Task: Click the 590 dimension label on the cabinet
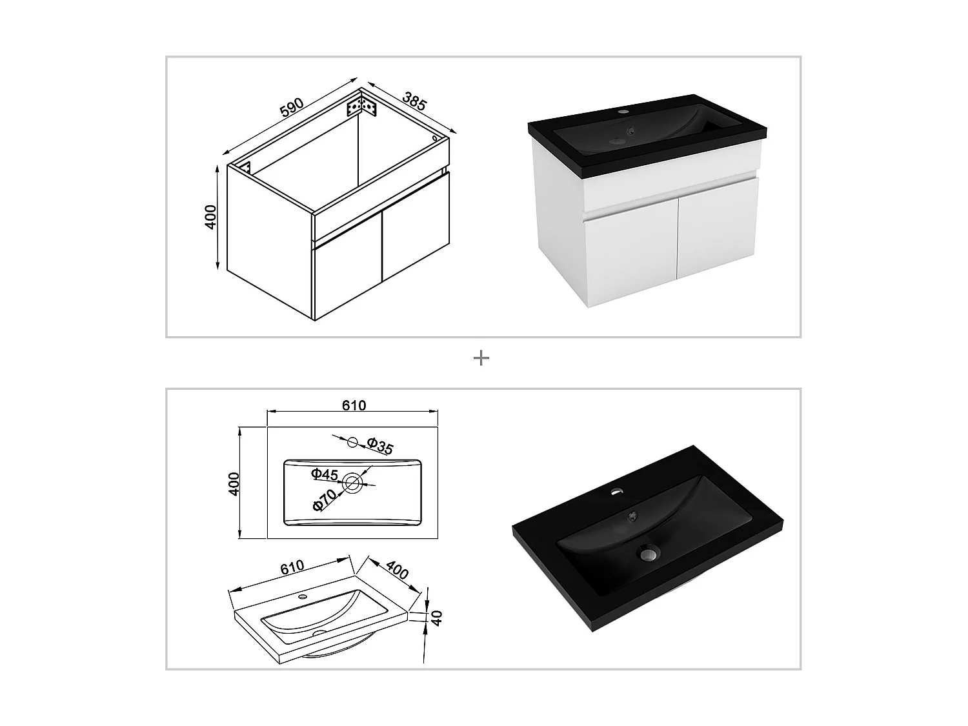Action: tap(292, 108)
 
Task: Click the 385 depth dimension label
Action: tap(414, 101)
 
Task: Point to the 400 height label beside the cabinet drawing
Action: tap(211, 217)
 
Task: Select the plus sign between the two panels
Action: tap(481, 358)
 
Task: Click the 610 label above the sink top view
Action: tap(354, 405)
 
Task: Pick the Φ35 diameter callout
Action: tap(379, 446)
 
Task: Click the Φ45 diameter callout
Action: tap(324, 474)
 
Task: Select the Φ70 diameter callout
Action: tap(324, 500)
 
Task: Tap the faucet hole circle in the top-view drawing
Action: tap(352, 441)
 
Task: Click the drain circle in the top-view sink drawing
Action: tap(352, 483)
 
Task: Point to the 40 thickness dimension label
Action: tap(436, 618)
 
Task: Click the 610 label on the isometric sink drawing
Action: tap(292, 567)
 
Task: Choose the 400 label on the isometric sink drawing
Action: tap(397, 570)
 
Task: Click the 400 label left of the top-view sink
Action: tap(234, 483)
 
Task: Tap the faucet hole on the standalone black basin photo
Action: tap(616, 490)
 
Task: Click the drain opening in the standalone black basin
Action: tap(648, 552)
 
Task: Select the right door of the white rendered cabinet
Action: tap(717, 228)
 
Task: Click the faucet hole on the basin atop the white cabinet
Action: tap(623, 112)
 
